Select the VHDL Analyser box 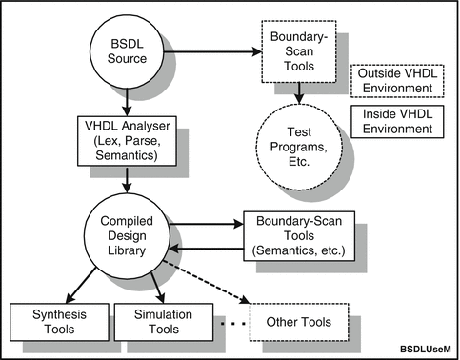click(126, 141)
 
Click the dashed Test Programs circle click(302, 149)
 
